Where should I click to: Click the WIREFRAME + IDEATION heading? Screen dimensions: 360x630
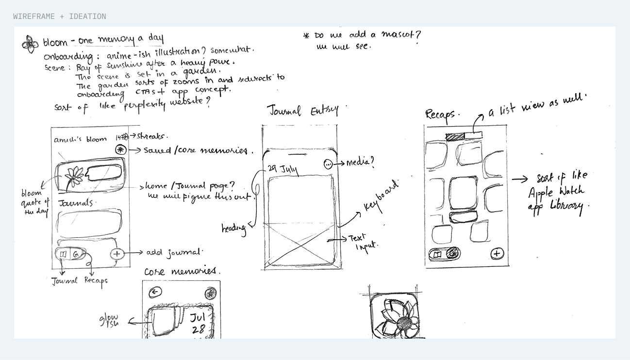[59, 16]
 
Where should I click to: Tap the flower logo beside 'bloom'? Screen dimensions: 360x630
[30, 44]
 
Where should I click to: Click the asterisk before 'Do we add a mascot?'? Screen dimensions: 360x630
[306, 36]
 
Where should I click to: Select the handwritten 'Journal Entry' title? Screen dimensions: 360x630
[303, 111]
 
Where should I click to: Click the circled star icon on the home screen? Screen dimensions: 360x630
[121, 150]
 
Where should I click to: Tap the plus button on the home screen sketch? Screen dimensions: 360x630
[116, 253]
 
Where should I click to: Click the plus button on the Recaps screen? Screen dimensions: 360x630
[497, 253]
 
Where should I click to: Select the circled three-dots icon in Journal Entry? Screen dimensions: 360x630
[329, 164]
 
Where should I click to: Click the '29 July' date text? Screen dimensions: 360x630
[282, 169]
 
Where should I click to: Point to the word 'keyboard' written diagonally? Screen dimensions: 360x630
[381, 197]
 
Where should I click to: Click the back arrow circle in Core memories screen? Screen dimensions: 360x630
[155, 292]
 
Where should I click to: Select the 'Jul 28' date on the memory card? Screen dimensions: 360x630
[198, 324]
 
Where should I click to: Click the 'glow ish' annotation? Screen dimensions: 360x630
[109, 320]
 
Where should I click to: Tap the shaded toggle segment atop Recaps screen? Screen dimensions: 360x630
[455, 137]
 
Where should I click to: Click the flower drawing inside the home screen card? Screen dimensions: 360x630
[74, 177]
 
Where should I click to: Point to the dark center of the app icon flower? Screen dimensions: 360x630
[404, 322]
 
